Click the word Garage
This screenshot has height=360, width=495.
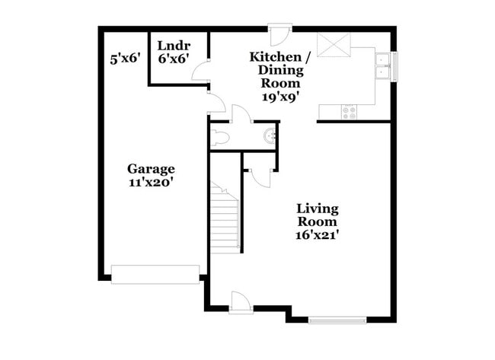pyautogui.click(x=151, y=169)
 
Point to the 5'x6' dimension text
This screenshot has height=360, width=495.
pyautogui.click(x=126, y=58)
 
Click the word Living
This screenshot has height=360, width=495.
pyautogui.click(x=318, y=209)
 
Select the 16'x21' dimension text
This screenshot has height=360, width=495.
pyautogui.click(x=318, y=235)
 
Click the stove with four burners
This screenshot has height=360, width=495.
pyautogui.click(x=350, y=111)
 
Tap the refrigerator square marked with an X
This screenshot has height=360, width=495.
pyautogui.click(x=333, y=45)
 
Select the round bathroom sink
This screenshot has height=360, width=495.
pyautogui.click(x=269, y=137)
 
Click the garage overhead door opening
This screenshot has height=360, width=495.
pyautogui.click(x=155, y=274)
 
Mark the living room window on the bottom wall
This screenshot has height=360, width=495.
pyautogui.click(x=338, y=319)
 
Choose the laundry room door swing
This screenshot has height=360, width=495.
pyautogui.click(x=200, y=74)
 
